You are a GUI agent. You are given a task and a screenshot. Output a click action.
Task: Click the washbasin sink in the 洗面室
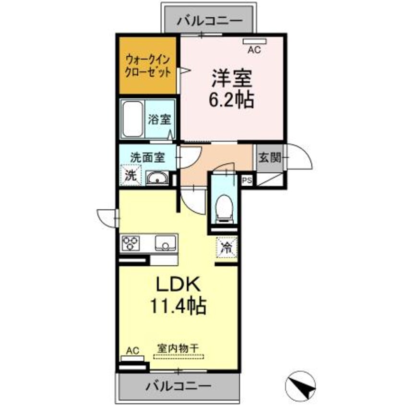tap(157, 178)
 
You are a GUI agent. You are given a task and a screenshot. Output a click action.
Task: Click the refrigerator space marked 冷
tap(227, 247)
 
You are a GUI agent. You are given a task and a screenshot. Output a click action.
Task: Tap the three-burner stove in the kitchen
tap(130, 243)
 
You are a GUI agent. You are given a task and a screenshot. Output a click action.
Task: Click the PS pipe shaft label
tap(247, 181)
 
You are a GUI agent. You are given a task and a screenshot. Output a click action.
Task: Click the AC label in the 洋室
tap(254, 49)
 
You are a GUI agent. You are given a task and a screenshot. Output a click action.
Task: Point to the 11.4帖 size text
tap(179, 305)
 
